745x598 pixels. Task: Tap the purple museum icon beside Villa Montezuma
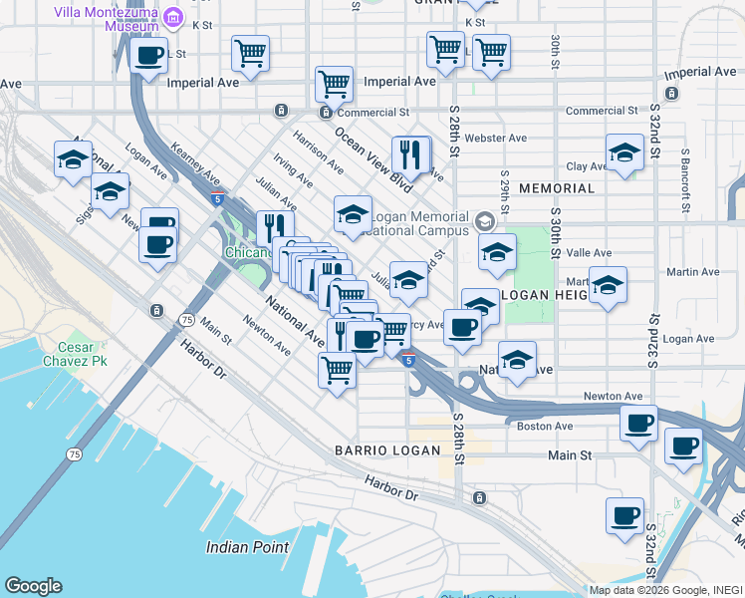point(174,16)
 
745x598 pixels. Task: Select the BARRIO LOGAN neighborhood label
point(387,450)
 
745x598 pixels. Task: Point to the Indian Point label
point(248,547)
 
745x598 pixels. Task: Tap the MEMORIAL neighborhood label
point(557,188)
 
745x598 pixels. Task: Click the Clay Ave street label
point(586,166)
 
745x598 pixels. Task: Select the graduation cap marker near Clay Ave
point(624,154)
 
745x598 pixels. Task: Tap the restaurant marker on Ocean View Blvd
point(410,155)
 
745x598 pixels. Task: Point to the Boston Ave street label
point(545,426)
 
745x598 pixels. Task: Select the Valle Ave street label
point(590,253)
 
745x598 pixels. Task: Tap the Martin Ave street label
point(692,272)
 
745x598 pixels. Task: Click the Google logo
point(33,586)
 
